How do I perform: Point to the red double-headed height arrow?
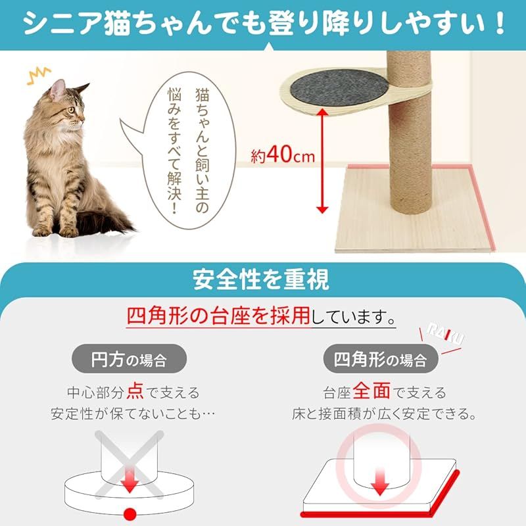(x=322, y=160)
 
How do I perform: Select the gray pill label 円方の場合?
(x=128, y=360)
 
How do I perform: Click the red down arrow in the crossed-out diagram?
(x=130, y=484)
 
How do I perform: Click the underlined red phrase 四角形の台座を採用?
(x=218, y=318)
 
